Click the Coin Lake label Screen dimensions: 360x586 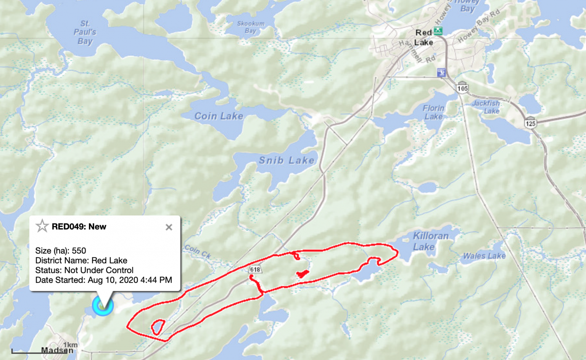(x=219, y=116)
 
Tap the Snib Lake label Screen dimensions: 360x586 (x=287, y=160)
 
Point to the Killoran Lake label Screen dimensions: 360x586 (x=430, y=241)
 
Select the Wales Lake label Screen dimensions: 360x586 (x=484, y=256)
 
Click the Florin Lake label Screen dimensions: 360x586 (x=434, y=112)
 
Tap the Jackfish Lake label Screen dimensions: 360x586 (x=486, y=107)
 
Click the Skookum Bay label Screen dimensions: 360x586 (x=251, y=27)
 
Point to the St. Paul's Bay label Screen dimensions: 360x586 (x=85, y=32)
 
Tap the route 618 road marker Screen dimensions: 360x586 (x=255, y=270)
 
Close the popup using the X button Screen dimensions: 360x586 (x=169, y=227)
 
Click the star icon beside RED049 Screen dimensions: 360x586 (x=42, y=226)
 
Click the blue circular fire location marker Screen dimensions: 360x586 (x=103, y=305)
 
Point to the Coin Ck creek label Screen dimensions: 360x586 (x=198, y=252)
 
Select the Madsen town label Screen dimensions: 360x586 (x=57, y=350)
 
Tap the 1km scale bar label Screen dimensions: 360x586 (x=71, y=345)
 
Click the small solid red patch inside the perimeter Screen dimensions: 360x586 (x=302, y=273)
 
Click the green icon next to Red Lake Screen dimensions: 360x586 (x=438, y=31)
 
